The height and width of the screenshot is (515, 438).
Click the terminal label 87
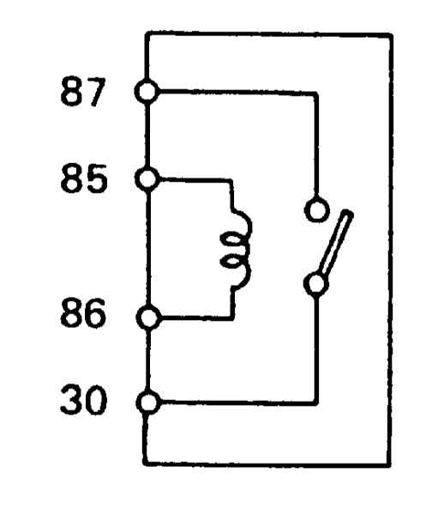click(x=83, y=92)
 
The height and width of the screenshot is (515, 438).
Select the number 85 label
click(x=84, y=179)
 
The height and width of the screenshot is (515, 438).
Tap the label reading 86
click(x=83, y=312)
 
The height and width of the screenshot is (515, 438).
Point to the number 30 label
click(x=84, y=400)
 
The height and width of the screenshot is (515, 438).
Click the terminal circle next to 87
click(x=147, y=91)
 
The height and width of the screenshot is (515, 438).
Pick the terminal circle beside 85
click(x=147, y=179)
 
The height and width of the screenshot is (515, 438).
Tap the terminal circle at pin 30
click(x=148, y=403)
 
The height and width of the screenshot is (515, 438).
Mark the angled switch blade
click(x=336, y=244)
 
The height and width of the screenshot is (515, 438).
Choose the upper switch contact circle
click(x=316, y=210)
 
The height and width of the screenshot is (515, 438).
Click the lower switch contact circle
click(x=316, y=284)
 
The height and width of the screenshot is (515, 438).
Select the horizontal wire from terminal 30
click(x=239, y=403)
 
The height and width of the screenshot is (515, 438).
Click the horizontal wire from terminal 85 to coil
click(x=196, y=180)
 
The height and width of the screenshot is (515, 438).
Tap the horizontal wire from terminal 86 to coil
click(x=197, y=318)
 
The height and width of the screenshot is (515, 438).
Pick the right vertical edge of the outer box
click(x=390, y=250)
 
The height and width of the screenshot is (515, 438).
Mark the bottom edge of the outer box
click(x=267, y=463)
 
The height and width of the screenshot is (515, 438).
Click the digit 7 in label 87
click(x=95, y=92)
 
